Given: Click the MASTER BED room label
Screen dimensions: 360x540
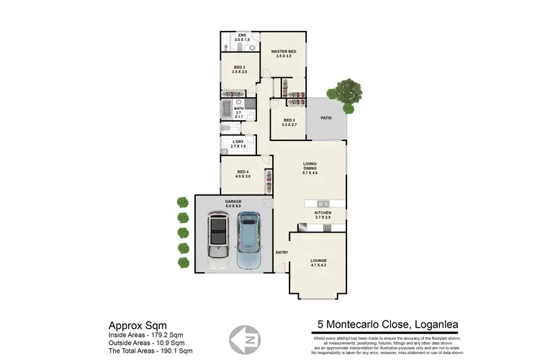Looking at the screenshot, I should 283,53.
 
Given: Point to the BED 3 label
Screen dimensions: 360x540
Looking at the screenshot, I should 289,120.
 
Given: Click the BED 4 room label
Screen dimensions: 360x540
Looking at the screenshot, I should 243,171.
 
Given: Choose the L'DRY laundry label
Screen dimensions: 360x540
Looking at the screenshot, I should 238,142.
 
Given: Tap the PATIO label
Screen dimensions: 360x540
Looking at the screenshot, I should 326,117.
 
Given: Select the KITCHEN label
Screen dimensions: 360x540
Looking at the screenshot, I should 323,214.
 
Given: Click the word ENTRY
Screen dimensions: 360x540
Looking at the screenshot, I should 281,251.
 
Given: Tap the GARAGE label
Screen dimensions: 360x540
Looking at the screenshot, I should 233,202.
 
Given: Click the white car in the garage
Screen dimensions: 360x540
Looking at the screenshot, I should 217,238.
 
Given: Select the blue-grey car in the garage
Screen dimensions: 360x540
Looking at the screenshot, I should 248,236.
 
